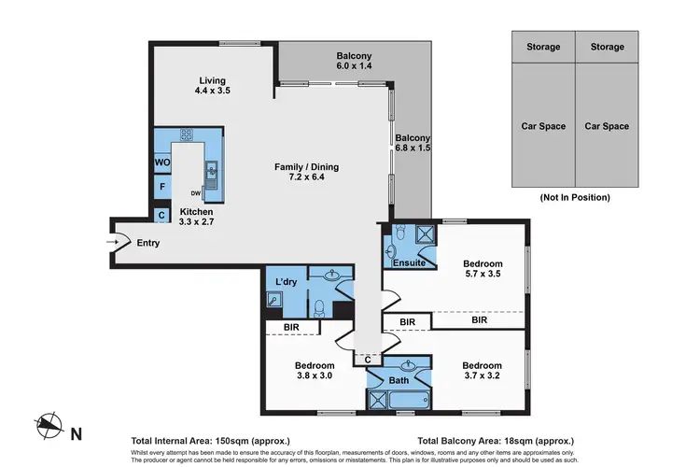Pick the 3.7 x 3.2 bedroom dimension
[482, 377]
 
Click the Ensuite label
[409, 263]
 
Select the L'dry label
[286, 282]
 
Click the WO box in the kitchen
[161, 162]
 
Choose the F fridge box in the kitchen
[161, 187]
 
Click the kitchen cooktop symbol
[185, 134]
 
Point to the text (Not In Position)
[574, 197]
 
